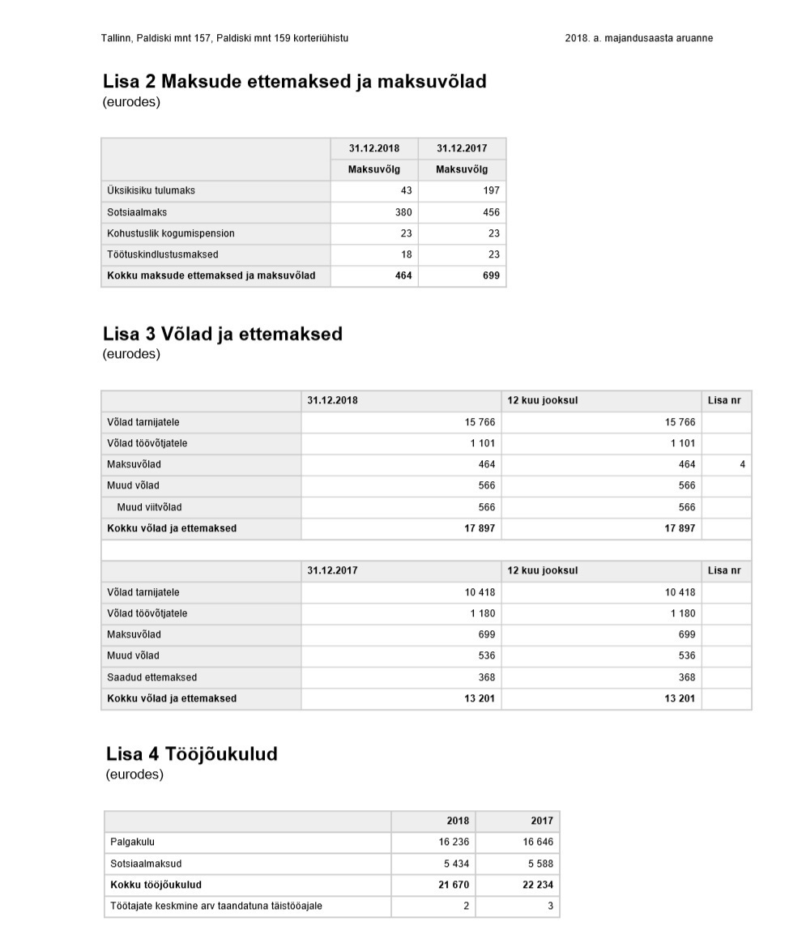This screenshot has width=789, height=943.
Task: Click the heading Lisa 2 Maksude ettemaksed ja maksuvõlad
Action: pyautogui.click(x=294, y=82)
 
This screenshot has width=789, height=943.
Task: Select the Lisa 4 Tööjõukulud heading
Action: pyautogui.click(x=191, y=754)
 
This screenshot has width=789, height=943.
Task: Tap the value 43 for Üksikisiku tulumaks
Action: pyautogui.click(x=406, y=191)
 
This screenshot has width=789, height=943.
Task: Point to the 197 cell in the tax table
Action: pyautogui.click(x=491, y=191)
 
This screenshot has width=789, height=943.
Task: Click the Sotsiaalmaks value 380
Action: pyautogui.click(x=403, y=212)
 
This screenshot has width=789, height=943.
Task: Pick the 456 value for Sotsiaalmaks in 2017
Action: pyautogui.click(x=491, y=212)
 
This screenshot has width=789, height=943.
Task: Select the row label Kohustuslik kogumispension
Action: pyautogui.click(x=171, y=233)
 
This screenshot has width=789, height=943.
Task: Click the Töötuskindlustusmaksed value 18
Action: pyautogui.click(x=407, y=254)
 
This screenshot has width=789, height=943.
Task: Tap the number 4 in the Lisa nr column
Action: pyautogui.click(x=742, y=465)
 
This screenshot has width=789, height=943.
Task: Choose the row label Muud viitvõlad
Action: pyautogui.click(x=149, y=507)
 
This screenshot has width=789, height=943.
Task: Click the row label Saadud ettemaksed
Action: pyautogui.click(x=151, y=677)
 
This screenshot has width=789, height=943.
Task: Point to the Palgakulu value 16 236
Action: pyautogui.click(x=454, y=843)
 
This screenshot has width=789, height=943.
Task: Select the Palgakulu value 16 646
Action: pyautogui.click(x=538, y=843)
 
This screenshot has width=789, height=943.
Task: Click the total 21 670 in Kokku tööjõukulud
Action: pyautogui.click(x=454, y=885)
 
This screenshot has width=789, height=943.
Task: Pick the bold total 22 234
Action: pyautogui.click(x=538, y=885)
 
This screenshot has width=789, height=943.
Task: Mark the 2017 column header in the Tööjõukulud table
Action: pyautogui.click(x=542, y=821)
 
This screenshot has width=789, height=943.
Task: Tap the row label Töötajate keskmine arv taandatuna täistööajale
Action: pyautogui.click(x=215, y=906)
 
